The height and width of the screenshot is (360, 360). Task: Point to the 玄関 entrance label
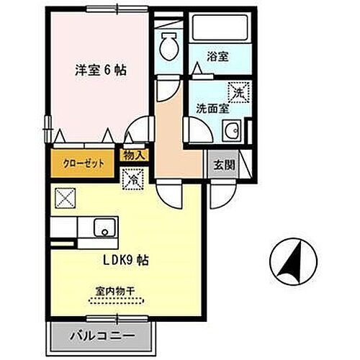click(x=224, y=164)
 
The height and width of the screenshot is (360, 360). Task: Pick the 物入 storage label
click(x=134, y=155)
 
